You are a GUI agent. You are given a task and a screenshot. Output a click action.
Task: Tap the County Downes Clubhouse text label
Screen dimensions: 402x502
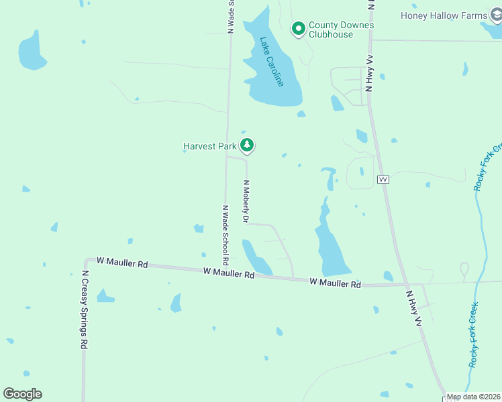point(341,30)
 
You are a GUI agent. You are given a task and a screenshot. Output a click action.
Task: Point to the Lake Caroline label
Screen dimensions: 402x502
point(272,61)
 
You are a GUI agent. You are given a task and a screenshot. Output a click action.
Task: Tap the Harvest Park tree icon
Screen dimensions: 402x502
point(248,145)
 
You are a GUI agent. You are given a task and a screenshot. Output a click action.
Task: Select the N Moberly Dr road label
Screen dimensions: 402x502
point(246,201)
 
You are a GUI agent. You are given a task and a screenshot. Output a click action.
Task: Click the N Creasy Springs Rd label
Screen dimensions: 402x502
point(85,309)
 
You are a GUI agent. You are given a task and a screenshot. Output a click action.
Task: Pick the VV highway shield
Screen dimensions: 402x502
point(383,180)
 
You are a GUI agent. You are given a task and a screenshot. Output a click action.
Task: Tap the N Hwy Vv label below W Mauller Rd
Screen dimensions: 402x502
point(413,308)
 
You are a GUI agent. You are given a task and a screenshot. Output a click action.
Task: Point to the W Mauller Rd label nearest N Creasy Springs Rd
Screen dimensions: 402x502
point(121,263)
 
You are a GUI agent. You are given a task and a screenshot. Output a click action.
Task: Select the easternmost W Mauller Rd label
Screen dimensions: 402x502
point(336,283)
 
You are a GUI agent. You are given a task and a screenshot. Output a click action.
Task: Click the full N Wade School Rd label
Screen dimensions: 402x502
point(226,234)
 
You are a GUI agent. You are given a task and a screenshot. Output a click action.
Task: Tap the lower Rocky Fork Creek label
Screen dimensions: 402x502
point(474,335)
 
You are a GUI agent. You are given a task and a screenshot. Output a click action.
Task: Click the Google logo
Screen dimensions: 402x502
point(22,394)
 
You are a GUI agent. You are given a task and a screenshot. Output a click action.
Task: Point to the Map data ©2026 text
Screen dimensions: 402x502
point(474,397)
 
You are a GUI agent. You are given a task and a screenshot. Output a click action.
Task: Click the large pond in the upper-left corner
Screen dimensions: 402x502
point(32,51)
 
